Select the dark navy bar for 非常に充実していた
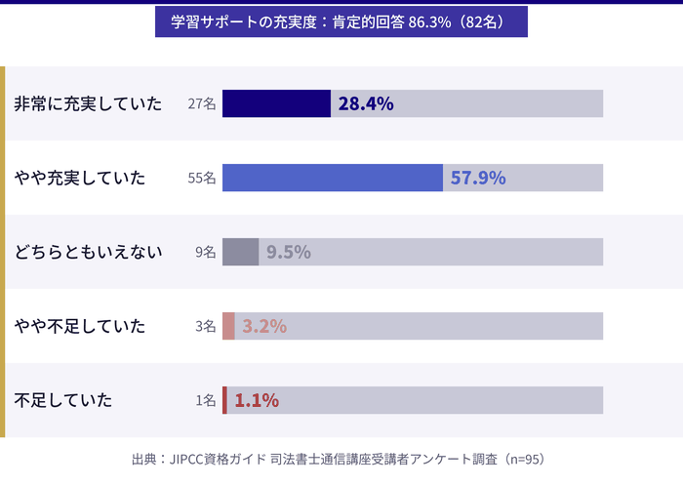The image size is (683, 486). (x=276, y=103)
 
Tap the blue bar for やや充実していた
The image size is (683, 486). (x=332, y=178)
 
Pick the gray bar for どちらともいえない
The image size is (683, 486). (x=240, y=252)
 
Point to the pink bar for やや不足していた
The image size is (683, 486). (x=228, y=326)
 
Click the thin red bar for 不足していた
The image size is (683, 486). (x=224, y=400)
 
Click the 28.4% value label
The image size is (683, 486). (x=366, y=103)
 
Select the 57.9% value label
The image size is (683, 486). (x=478, y=178)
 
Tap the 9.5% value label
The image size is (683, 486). (x=289, y=252)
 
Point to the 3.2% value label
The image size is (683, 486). (x=264, y=326)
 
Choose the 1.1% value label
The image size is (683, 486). (x=257, y=400)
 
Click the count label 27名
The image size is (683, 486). (x=202, y=103)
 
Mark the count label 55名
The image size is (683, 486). (x=202, y=178)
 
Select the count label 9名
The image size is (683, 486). (x=206, y=252)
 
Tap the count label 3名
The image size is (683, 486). (x=206, y=326)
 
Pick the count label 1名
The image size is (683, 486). (x=206, y=400)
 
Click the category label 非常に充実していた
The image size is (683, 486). (x=88, y=103)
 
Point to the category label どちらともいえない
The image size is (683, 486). (x=88, y=252)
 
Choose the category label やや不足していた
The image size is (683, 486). (x=80, y=326)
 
